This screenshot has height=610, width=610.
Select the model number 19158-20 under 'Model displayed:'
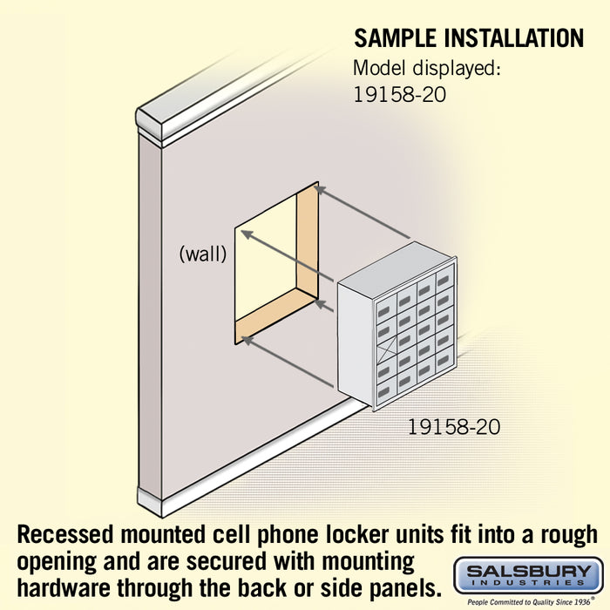tap(399, 94)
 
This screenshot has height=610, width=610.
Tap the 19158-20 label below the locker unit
tap(454, 427)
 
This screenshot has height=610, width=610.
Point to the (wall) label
tap(203, 254)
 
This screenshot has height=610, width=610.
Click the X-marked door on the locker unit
tap(387, 346)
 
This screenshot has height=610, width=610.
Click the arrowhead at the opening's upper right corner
tap(320, 189)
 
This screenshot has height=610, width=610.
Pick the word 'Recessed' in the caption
tap(65, 535)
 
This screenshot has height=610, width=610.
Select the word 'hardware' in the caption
tap(64, 587)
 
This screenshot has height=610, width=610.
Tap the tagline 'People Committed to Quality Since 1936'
tap(529, 602)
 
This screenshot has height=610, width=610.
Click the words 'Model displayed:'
tap(427, 69)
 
